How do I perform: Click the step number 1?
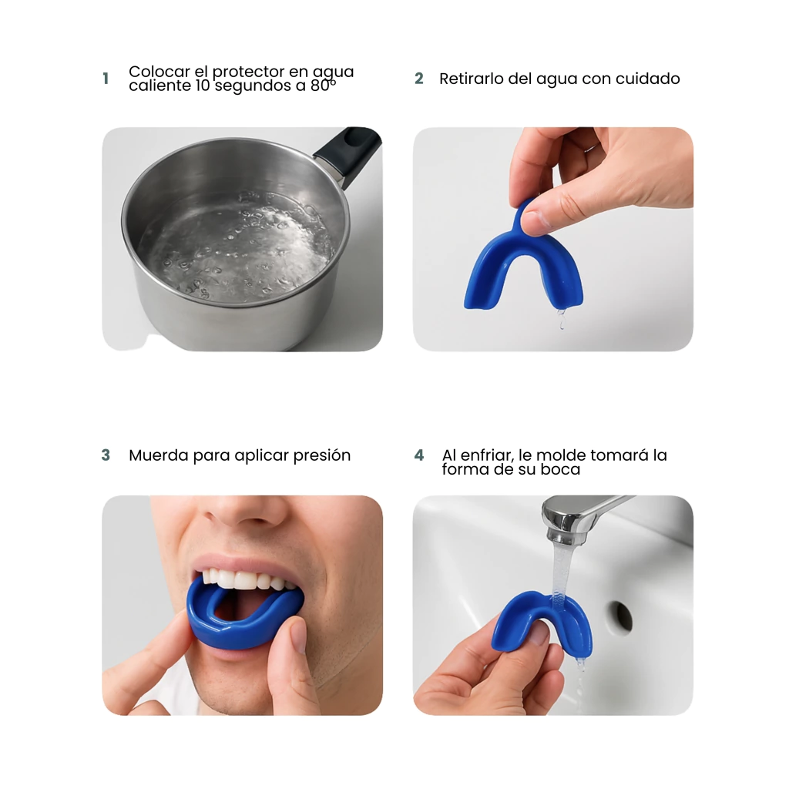[106, 79]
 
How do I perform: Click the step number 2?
[418, 79]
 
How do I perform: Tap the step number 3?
[106, 455]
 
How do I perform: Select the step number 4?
[419, 455]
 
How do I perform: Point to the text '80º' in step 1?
[323, 86]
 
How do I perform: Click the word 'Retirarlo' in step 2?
[471, 79]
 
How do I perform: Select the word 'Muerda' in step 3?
[159, 455]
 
